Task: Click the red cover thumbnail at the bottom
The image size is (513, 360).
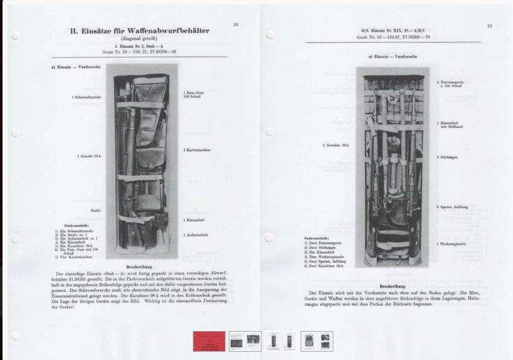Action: [209, 341]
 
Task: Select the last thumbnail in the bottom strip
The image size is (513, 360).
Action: [316, 341]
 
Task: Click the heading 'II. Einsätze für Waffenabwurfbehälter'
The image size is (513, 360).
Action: [139, 30]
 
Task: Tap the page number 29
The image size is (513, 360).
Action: [235, 25]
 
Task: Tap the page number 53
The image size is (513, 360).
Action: [489, 26]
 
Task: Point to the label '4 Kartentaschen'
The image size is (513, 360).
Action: [197, 150]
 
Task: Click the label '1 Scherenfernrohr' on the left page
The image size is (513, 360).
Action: [85, 97]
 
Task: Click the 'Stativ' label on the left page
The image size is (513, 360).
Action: [95, 210]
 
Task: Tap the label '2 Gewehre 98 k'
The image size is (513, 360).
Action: [335, 145]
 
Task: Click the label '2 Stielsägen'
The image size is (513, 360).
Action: [447, 157]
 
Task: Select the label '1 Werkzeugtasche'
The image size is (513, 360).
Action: [451, 243]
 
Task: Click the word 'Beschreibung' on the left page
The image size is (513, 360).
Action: [139, 267]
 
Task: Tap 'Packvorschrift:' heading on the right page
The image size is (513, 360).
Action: [316, 238]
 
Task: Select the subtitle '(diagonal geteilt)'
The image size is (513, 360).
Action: [139, 38]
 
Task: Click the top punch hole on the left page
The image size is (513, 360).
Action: [15, 36]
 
